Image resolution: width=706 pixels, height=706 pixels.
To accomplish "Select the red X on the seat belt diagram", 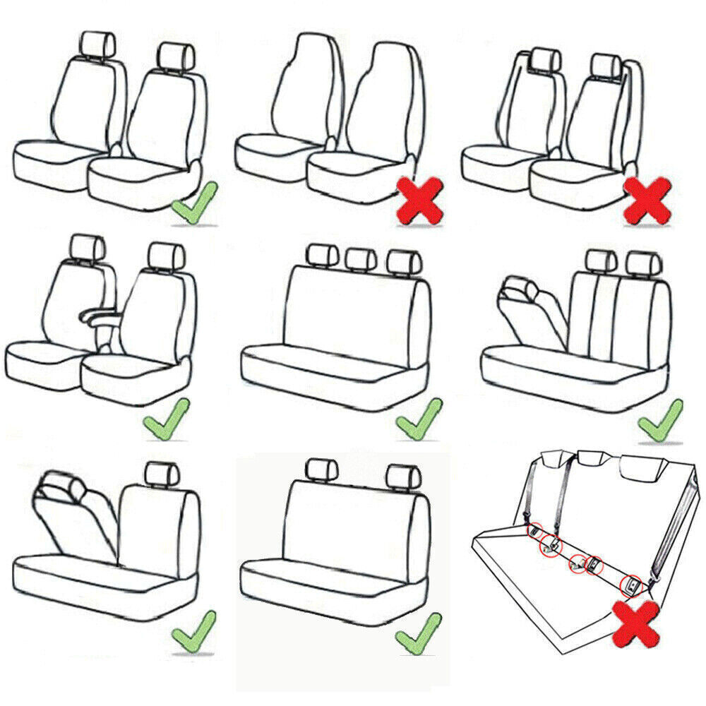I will [637, 623].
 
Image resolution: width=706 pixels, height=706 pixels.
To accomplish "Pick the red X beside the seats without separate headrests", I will [421, 200].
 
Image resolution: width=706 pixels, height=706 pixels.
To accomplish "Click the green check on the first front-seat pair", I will [195, 203].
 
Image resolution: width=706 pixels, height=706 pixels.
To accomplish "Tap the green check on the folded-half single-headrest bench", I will [193, 632].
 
